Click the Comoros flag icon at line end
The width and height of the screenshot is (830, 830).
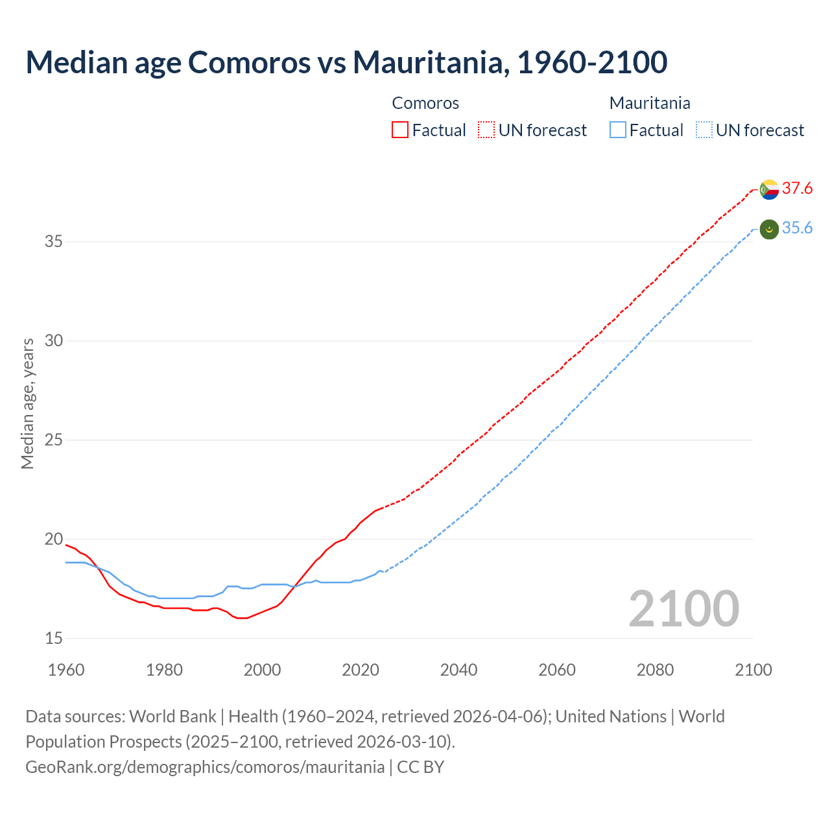[769, 189]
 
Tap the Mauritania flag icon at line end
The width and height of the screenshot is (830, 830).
[769, 229]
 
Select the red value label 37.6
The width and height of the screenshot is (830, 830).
[797, 189]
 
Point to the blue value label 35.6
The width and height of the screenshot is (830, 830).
[797, 228]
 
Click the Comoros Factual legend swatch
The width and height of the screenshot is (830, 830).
[400, 130]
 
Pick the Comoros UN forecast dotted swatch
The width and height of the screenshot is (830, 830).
[486, 130]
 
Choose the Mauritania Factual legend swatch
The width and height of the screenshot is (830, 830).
[618, 130]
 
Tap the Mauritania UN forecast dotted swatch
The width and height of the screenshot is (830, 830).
[704, 130]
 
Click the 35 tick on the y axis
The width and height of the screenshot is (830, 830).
[54, 242]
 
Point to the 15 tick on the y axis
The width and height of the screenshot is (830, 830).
[54, 639]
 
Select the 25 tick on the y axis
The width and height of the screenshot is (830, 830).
[54, 440]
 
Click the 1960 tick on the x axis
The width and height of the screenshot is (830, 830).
[66, 670]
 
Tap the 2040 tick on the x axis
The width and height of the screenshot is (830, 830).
[458, 670]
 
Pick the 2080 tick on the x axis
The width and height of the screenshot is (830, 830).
[655, 670]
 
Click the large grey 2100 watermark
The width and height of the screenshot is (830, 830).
[683, 608]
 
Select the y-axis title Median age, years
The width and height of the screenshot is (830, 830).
[27, 403]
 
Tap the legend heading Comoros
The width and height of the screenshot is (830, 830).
[425, 103]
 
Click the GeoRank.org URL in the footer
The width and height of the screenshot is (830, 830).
[205, 767]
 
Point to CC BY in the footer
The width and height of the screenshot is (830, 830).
[421, 767]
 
